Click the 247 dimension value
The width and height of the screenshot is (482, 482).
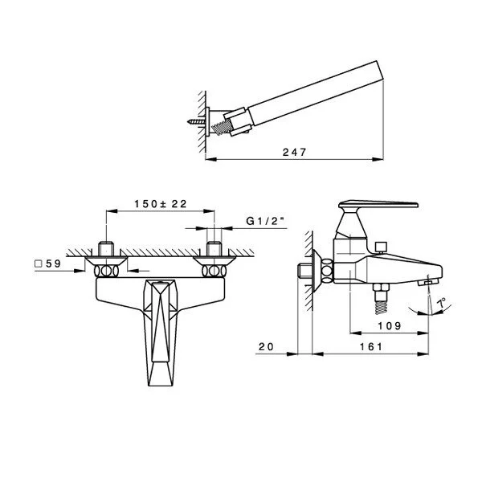294,152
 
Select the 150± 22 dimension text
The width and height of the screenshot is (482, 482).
161,204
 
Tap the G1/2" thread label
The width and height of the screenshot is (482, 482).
266,221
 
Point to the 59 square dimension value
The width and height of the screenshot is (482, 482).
54,263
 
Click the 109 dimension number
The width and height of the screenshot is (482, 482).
390,326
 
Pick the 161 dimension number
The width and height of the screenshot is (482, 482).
371,347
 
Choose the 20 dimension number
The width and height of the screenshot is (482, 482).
266,347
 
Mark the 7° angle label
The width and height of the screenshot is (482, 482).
442,303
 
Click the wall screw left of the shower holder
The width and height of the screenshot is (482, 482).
196,121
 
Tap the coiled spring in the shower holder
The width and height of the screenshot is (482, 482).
221,127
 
